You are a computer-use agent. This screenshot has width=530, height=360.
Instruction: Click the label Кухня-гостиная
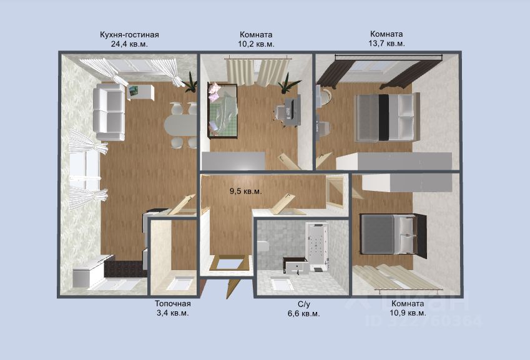click(x=129, y=35)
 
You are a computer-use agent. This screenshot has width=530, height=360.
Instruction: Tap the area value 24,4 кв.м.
click(x=129, y=44)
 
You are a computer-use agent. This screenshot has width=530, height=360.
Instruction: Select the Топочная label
click(x=173, y=304)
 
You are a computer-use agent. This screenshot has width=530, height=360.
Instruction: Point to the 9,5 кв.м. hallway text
click(x=246, y=191)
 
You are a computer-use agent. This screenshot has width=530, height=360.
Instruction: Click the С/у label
click(x=304, y=304)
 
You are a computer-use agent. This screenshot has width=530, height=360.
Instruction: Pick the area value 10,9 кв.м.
click(x=408, y=313)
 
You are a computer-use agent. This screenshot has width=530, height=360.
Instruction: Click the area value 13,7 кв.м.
click(x=386, y=43)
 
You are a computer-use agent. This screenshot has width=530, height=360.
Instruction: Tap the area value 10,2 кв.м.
click(x=256, y=44)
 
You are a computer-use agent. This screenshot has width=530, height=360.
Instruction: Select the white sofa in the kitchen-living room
click(x=109, y=112)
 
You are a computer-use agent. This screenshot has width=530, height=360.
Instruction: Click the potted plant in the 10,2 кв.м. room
click(x=287, y=83)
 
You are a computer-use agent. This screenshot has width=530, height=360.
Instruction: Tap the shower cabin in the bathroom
click(x=317, y=246)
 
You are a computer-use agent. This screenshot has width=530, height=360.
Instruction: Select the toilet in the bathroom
click(x=263, y=246)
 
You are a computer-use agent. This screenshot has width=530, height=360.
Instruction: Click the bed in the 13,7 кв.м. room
click(x=386, y=117)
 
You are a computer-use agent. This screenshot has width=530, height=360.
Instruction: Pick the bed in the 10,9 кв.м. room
click(x=393, y=234)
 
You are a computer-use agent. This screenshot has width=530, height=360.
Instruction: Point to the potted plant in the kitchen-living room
click(x=190, y=82)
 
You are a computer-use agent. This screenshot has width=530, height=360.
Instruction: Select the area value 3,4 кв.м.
click(x=173, y=313)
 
